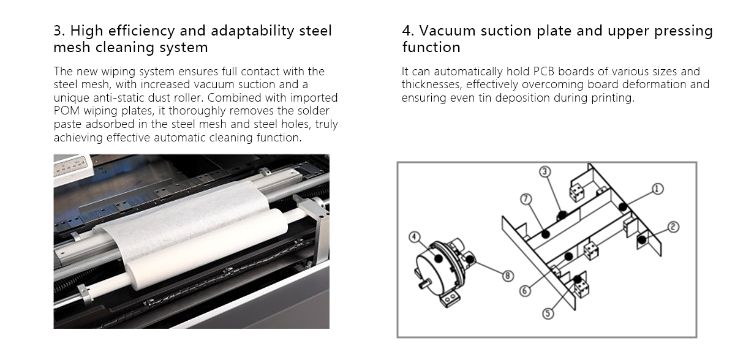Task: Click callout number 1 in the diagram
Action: pos(657,189)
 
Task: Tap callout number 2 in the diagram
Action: pos(673,227)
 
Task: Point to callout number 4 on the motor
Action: pos(415,236)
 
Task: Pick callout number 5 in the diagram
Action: pos(548,313)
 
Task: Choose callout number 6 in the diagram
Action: pos(525,291)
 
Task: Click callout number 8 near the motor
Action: pos(508,276)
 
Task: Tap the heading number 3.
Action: pos(58,31)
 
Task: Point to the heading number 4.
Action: pos(407,31)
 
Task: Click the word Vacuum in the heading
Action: pos(450,31)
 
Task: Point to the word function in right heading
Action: pos(431,47)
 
